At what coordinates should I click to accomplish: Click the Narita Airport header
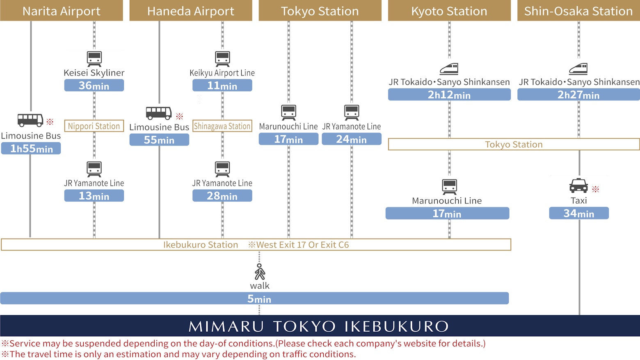tap(62, 11)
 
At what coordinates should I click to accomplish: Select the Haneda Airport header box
tap(191, 11)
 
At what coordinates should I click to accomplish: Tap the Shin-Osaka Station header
tap(578, 11)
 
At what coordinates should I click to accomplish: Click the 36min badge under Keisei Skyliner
tap(94, 85)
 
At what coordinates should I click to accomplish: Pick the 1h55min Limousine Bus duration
tap(31, 148)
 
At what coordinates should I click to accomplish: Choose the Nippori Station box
tap(94, 126)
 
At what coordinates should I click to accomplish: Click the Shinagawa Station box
tap(222, 126)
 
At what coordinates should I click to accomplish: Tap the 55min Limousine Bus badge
tap(159, 140)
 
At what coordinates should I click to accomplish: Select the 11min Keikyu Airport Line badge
tap(222, 85)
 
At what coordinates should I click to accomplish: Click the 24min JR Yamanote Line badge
tap(352, 139)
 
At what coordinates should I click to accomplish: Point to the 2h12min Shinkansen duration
tap(449, 95)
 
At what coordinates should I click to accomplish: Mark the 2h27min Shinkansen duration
tap(578, 95)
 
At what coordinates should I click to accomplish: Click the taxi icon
tap(578, 186)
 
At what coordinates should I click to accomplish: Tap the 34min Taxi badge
tap(578, 213)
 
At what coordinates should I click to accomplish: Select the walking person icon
tap(260, 272)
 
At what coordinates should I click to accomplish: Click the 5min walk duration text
tap(259, 299)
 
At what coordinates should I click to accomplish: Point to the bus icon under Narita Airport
tap(30, 120)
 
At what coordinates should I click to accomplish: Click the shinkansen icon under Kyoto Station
tap(449, 68)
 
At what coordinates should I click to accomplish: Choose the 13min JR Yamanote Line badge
tap(94, 196)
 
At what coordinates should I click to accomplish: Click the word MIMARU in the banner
tap(226, 326)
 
